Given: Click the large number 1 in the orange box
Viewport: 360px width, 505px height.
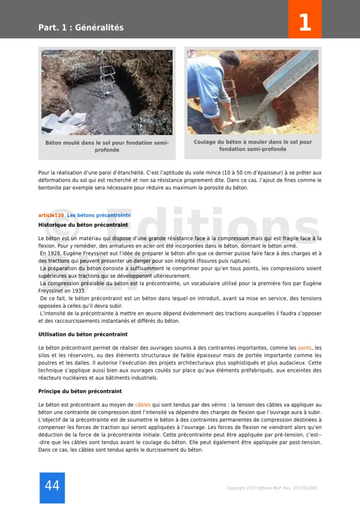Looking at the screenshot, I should (x=304, y=22).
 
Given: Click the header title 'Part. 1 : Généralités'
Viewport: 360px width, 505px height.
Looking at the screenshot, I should (x=81, y=28).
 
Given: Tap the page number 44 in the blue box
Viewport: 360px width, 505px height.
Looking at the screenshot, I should (x=52, y=486).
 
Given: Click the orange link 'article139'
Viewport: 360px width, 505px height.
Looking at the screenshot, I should (x=51, y=215).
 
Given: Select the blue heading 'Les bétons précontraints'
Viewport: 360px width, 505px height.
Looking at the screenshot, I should (x=99, y=215).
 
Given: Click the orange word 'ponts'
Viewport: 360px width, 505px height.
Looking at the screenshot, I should (x=305, y=348).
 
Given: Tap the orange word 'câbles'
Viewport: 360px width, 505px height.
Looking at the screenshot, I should (x=143, y=405).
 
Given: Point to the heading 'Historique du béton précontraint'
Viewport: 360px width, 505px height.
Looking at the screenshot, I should (x=83, y=225).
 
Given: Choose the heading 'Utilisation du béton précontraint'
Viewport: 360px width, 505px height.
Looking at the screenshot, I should (x=83, y=335).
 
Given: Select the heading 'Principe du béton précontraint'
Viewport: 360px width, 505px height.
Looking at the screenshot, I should (x=80, y=391).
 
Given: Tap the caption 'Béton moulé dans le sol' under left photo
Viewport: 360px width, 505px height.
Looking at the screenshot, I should (x=107, y=146).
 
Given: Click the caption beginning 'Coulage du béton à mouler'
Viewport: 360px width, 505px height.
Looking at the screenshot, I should (x=253, y=146).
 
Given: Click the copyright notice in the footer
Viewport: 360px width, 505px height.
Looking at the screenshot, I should (x=272, y=488).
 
